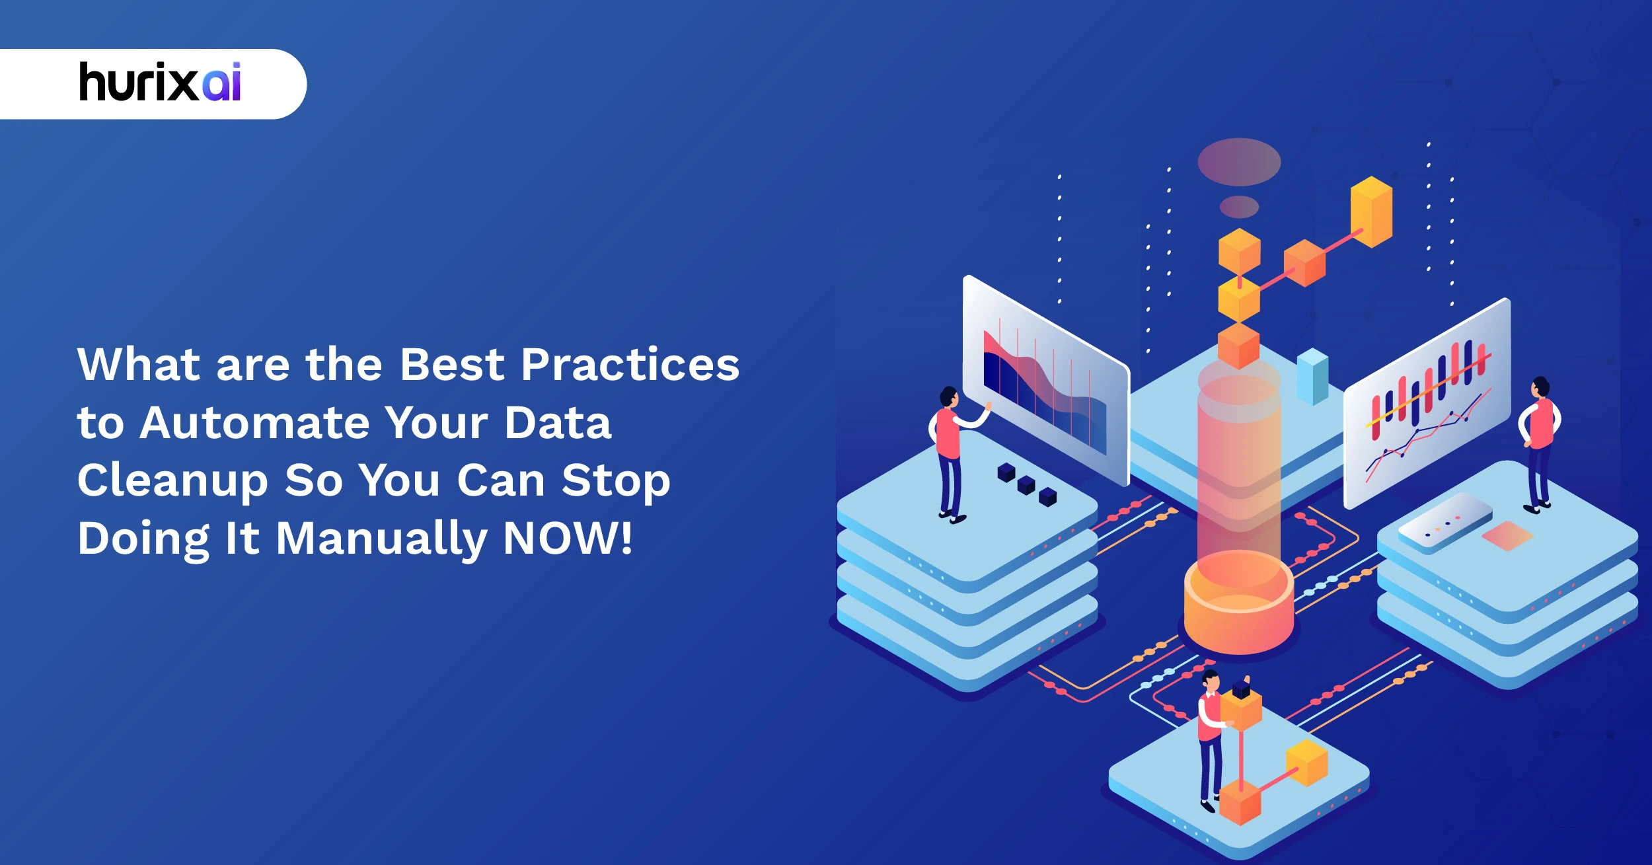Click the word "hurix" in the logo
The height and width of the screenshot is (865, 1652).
coord(137,83)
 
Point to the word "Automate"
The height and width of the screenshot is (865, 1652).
coord(255,423)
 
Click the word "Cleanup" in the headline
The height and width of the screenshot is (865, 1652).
coord(172,481)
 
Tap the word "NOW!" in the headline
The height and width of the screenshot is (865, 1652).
coord(568,539)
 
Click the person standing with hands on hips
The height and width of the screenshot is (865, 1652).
coord(1540,442)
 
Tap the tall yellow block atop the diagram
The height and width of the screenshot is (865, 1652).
coord(1371,211)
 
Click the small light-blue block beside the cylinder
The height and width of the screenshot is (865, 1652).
coord(1312,377)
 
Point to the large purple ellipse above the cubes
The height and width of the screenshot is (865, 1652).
coord(1239,162)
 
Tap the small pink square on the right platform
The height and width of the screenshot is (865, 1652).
coord(1507,535)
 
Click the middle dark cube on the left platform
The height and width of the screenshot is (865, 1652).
coord(1026,484)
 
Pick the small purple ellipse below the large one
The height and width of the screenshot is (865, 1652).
coord(1239,207)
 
